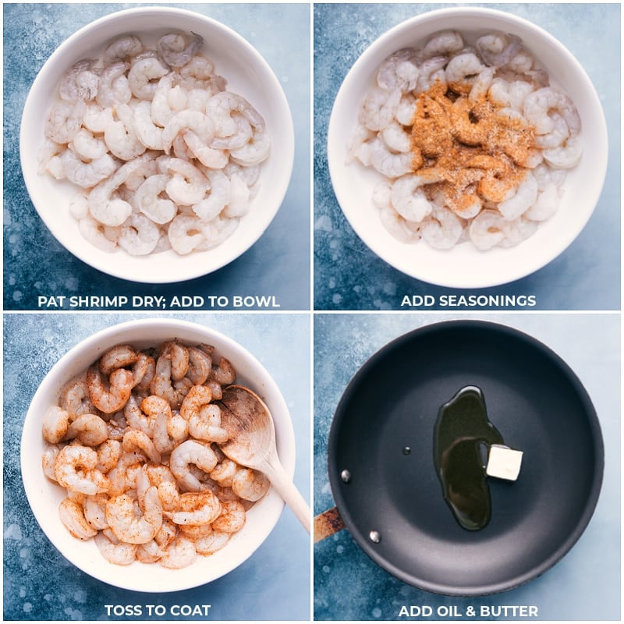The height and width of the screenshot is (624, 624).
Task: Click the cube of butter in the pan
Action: [x=504, y=463]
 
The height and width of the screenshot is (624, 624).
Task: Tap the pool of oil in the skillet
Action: [x=463, y=458]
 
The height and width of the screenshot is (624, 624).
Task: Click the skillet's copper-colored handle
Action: [x=328, y=523]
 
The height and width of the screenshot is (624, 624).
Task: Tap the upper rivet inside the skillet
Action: [x=346, y=475]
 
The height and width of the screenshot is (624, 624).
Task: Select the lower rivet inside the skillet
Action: [x=374, y=537]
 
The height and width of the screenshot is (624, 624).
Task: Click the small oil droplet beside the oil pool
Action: [x=406, y=451]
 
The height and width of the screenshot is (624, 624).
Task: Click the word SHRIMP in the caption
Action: [x=98, y=302]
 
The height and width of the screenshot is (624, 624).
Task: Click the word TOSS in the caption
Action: [x=122, y=611]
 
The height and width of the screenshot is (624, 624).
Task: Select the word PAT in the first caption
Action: [x=51, y=302]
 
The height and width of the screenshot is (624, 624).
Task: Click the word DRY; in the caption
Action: [x=147, y=302]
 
